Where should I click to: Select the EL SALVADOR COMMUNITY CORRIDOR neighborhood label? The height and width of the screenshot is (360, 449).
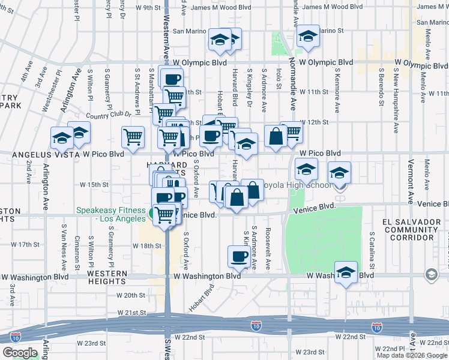[x=411, y=229]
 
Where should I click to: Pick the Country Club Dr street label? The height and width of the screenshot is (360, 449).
[x=107, y=115]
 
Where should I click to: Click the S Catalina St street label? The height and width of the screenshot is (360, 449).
[x=373, y=250]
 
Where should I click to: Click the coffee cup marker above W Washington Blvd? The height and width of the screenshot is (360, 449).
[x=239, y=257]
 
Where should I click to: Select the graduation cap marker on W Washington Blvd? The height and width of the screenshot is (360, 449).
[x=346, y=273]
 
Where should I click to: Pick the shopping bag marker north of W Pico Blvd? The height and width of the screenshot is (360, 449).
[x=276, y=136]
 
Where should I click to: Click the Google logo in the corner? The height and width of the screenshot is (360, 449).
[x=20, y=353]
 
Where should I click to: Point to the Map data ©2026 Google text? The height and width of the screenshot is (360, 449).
[x=412, y=355]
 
